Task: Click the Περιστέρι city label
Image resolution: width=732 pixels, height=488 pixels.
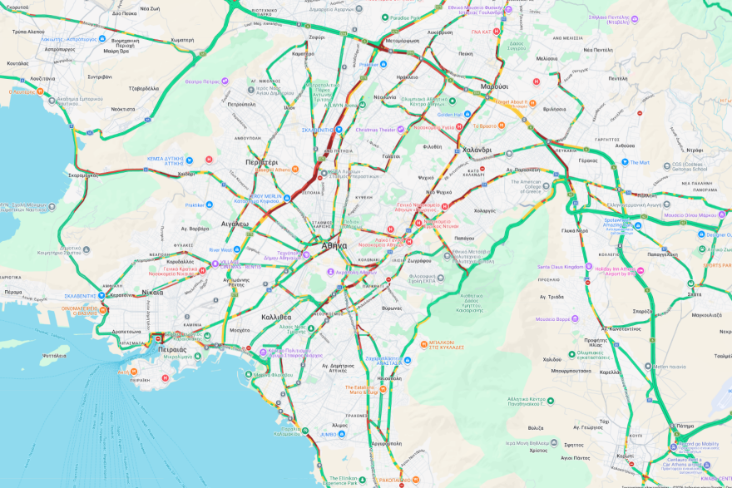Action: [x=261, y=161]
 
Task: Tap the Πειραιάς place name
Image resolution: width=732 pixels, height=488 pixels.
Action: [x=172, y=349]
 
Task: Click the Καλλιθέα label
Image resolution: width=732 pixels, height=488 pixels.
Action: [x=276, y=317]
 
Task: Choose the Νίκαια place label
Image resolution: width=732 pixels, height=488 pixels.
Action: [x=152, y=292]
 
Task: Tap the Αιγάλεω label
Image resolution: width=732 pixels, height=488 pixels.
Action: [x=235, y=224]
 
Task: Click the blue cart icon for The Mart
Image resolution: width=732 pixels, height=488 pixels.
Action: [x=624, y=163]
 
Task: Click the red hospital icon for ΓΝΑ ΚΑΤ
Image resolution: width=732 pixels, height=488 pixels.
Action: [x=497, y=32]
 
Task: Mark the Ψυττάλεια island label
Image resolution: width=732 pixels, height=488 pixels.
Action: [x=53, y=355]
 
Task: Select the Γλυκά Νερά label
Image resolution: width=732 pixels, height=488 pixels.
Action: [x=575, y=231]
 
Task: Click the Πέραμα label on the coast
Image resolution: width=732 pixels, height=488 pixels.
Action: [x=12, y=292]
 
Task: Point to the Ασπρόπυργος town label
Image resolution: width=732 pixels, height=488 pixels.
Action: [x=60, y=49]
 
